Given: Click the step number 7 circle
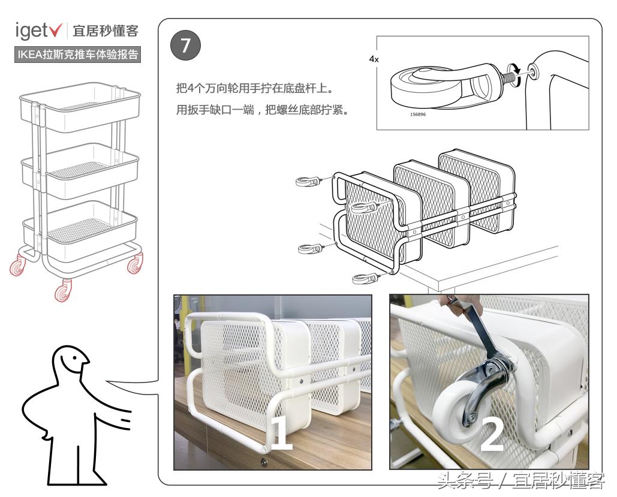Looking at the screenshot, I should coord(186,47).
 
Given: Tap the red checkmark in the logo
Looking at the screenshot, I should coord(58,31).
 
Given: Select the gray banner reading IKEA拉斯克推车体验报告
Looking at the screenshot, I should coord(77,55).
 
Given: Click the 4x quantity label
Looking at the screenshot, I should coord(374,59).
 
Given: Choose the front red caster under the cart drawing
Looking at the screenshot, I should coord(62,291).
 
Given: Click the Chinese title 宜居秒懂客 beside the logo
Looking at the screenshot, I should coord(105,31).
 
